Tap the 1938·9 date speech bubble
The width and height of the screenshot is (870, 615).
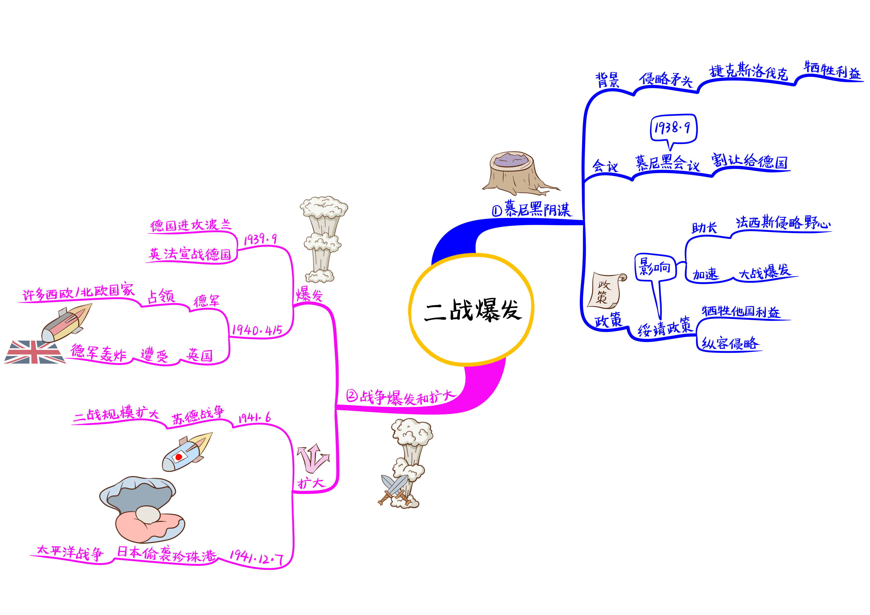673,129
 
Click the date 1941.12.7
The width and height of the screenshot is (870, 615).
256,557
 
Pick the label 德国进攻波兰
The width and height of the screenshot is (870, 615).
190,225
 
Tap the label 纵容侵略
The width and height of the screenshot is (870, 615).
729,343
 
